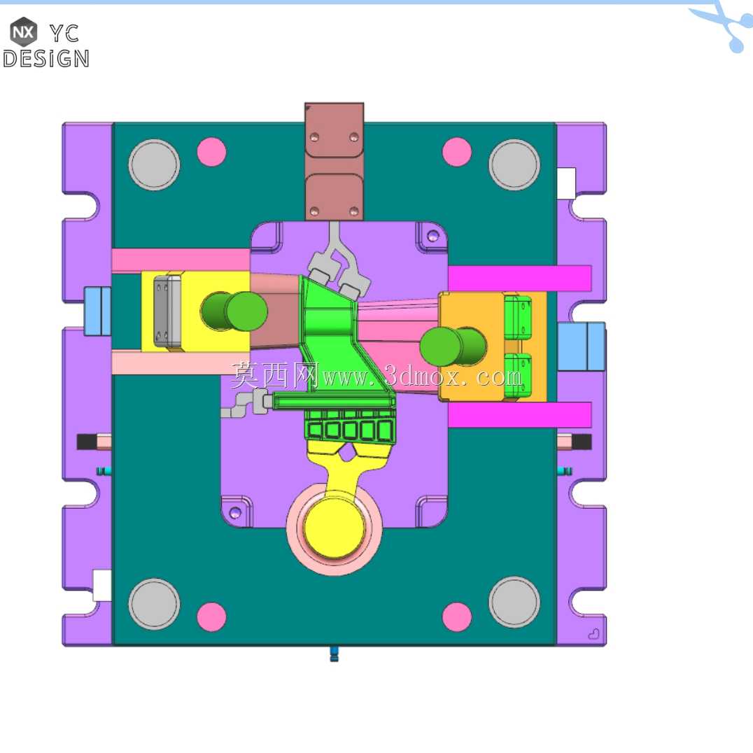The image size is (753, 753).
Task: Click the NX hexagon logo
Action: pyautogui.click(x=24, y=31)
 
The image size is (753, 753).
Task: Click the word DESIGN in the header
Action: pyautogui.click(x=46, y=59)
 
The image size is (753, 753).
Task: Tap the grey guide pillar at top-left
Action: pyautogui.click(x=154, y=164)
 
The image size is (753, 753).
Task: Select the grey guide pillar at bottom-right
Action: pyautogui.click(x=514, y=603)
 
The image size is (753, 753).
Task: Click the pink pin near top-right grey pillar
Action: pyautogui.click(x=457, y=152)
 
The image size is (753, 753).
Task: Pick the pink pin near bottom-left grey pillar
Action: pyautogui.click(x=211, y=617)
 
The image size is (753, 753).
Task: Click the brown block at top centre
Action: pyautogui.click(x=335, y=162)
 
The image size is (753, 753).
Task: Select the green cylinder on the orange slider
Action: pyautogui.click(x=453, y=346)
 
